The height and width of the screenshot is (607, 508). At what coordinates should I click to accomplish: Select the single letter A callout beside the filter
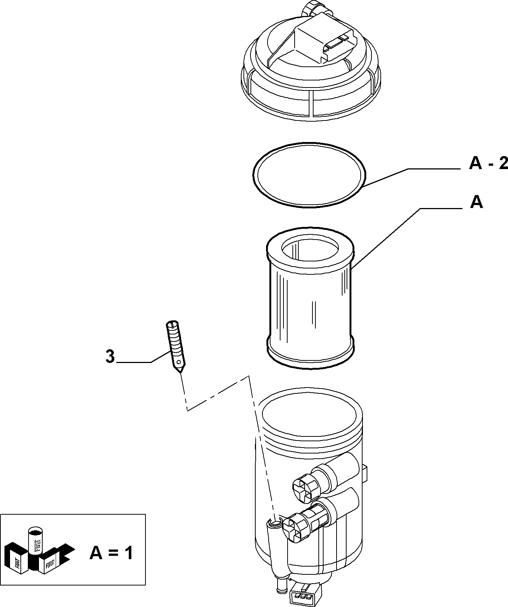tap(476, 202)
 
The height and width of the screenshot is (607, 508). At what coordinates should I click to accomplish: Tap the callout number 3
tap(110, 357)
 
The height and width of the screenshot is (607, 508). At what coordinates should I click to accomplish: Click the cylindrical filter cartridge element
tap(310, 298)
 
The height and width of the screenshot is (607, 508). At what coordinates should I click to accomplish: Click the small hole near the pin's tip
tap(179, 362)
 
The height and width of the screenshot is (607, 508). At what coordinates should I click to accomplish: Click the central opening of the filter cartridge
tap(310, 252)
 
